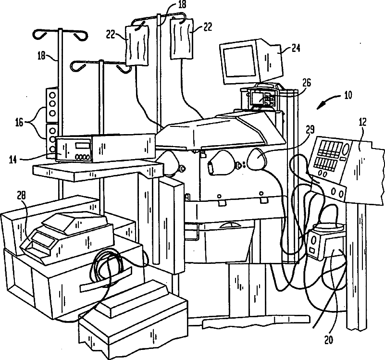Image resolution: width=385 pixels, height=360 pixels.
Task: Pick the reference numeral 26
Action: (x=306, y=83)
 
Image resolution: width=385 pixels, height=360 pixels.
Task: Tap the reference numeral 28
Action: (x=22, y=195)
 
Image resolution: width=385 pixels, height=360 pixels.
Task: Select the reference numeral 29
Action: (x=310, y=129)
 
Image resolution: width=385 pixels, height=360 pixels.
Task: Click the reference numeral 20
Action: (x=329, y=340)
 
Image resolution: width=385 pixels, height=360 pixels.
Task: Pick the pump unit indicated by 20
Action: (x=326, y=243)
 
